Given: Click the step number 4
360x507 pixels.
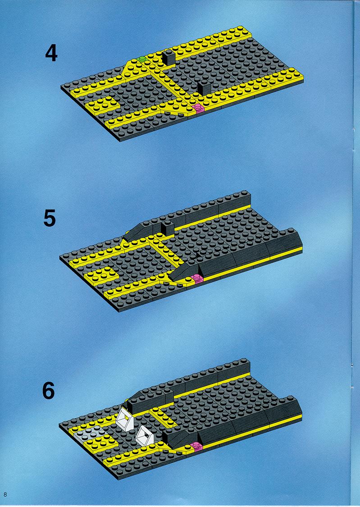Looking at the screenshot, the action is (51, 53).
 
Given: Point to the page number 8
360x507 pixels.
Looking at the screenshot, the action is (5, 494).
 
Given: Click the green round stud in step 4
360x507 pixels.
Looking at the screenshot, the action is (141, 59).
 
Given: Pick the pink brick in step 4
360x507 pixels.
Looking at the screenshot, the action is (198, 108).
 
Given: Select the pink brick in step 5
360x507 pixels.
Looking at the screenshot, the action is (197, 279).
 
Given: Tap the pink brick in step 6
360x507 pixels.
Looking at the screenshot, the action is (196, 447).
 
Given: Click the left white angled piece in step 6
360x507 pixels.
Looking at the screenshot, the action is (125, 420).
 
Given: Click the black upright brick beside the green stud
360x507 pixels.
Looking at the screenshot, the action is (168, 58).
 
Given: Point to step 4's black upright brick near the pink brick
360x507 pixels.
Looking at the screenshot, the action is (204, 87).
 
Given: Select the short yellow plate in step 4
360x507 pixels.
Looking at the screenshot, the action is (103, 104).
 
